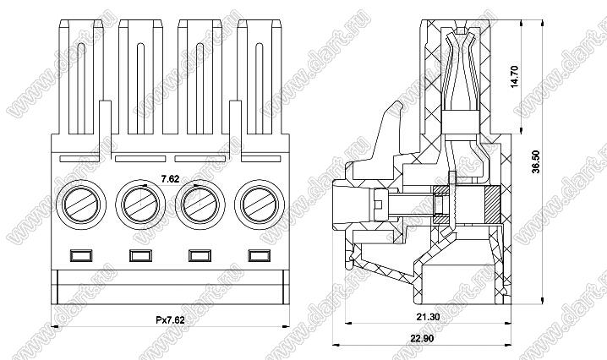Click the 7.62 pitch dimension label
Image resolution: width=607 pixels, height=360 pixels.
[x=170, y=178]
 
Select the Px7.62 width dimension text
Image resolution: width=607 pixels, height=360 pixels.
[x=172, y=319]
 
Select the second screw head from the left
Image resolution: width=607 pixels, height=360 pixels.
[x=138, y=203]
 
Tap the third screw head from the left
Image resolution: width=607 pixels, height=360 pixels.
[x=198, y=203]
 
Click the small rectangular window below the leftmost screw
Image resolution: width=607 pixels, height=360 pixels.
[x=80, y=254]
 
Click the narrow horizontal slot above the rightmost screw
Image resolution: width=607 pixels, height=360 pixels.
[x=260, y=158]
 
